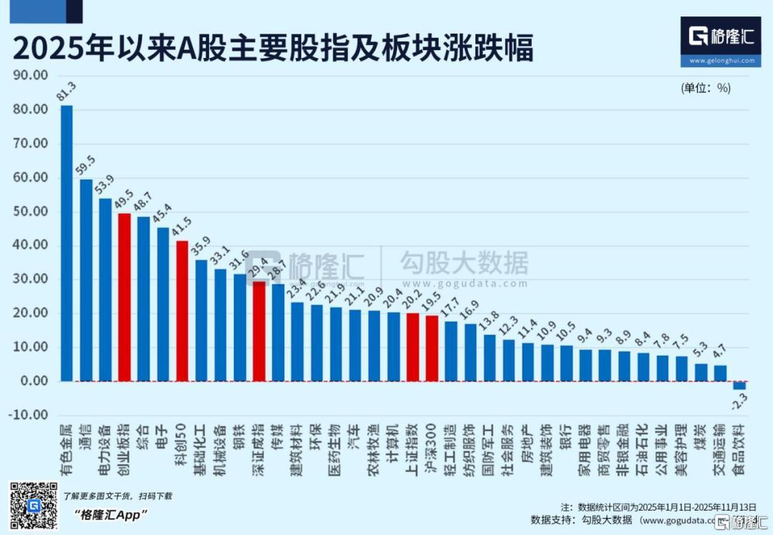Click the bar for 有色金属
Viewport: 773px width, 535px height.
[67, 243]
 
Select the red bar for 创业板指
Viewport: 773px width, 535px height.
[125, 297]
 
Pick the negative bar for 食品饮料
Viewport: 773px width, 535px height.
[739, 385]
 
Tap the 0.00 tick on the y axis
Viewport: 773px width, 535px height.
[33, 381]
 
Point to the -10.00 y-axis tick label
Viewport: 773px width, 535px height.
[29, 415]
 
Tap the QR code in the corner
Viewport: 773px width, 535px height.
[33, 506]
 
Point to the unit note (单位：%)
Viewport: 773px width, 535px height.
[706, 88]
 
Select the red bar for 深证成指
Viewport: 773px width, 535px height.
[259, 330]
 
